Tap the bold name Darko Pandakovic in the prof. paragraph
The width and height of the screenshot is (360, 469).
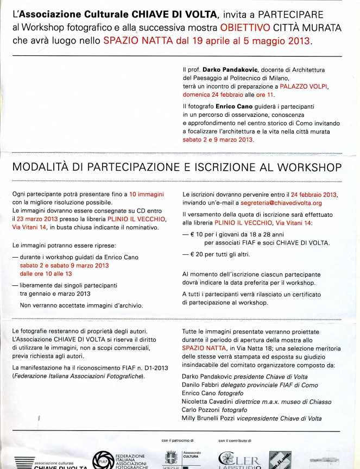228,70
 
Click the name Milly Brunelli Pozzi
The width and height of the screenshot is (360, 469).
210,418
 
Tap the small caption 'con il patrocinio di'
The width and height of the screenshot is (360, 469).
178,439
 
